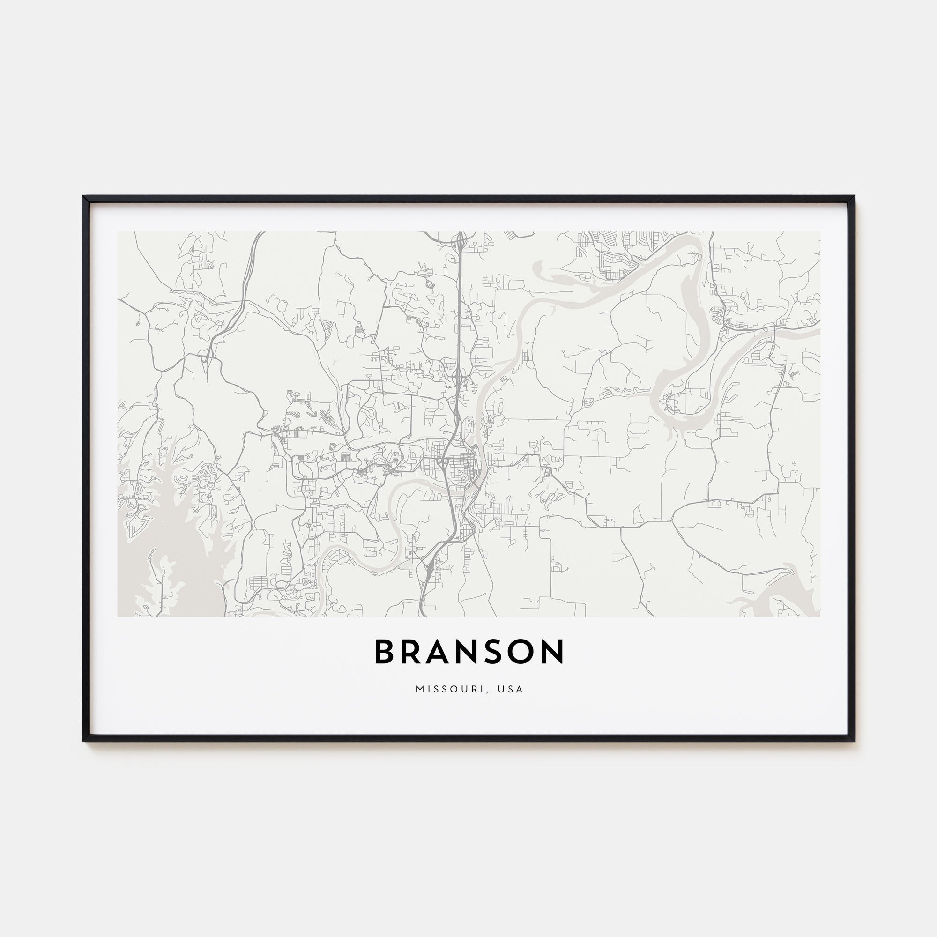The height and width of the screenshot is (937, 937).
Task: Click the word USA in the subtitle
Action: (x=511, y=689)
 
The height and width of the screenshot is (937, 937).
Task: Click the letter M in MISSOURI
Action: (x=419, y=689)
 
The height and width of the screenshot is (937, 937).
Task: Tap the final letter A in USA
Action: (x=520, y=689)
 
